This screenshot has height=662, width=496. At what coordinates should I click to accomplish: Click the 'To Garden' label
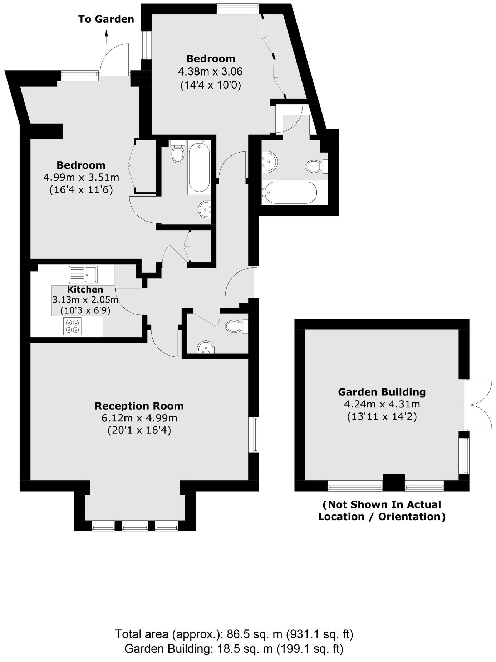pyautogui.click(x=106, y=19)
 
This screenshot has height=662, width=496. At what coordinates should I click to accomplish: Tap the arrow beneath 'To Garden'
pyautogui.click(x=106, y=37)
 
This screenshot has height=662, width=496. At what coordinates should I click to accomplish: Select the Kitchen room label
pyautogui.click(x=85, y=289)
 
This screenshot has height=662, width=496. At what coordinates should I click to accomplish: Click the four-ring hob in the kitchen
pyautogui.click(x=72, y=326)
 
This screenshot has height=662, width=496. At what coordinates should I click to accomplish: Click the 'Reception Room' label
pyautogui.click(x=139, y=406)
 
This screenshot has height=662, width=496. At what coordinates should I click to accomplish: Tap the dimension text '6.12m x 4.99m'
pyautogui.click(x=139, y=418)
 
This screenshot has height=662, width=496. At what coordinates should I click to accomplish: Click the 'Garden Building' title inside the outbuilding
pyautogui.click(x=382, y=392)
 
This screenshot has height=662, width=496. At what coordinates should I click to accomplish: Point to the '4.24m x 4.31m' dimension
pyautogui.click(x=382, y=404)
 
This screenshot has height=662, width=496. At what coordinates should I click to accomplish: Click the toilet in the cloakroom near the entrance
pyautogui.click(x=236, y=326)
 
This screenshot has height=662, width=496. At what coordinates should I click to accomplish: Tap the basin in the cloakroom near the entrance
pyautogui.click(x=206, y=348)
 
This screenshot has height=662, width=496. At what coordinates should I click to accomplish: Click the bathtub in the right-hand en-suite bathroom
pyautogui.click(x=290, y=192)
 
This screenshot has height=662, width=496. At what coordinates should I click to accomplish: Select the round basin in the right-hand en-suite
pyautogui.click(x=269, y=161)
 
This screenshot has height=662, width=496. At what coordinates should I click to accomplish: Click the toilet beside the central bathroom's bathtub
pyautogui.click(x=178, y=153)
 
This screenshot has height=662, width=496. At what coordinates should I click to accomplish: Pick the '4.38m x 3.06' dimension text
pyautogui.click(x=210, y=72)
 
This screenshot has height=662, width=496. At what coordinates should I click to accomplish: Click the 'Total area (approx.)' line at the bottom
pyautogui.click(x=234, y=634)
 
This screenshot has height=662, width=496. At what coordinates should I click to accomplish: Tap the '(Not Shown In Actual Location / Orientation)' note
pyautogui.click(x=382, y=511)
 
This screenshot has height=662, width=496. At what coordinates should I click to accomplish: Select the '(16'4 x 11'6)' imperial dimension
pyautogui.click(x=81, y=189)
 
